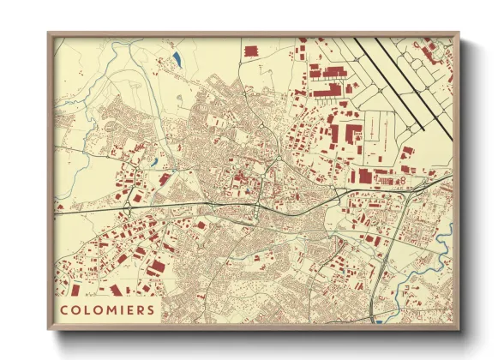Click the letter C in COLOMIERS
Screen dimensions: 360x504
pyautogui.click(x=65, y=309)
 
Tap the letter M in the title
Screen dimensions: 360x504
pyautogui.click(x=106, y=309)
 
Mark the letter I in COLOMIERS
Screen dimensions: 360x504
pyautogui.click(x=119, y=309)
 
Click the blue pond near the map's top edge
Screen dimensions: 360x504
pyautogui.click(x=177, y=58)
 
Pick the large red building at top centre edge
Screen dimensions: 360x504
pyautogui.click(x=251, y=51)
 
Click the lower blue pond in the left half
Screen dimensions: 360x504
pyautogui.click(x=154, y=161)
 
